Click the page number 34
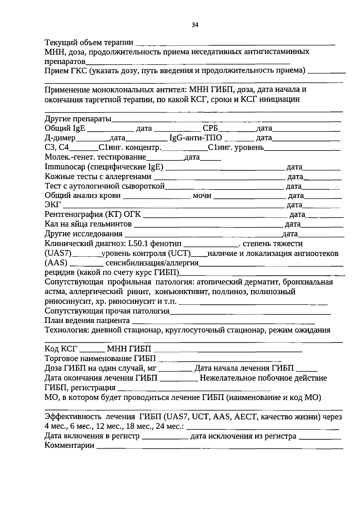tap(195, 25)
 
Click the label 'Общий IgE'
tap(65, 128)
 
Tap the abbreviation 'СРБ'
tap(210, 128)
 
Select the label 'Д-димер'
tap(60, 138)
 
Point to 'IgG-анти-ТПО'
tap(196, 138)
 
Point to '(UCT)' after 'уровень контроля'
tap(180, 253)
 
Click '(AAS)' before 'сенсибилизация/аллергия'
tap(56, 263)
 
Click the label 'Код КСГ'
tap(61, 349)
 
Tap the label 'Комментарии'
tap(69, 445)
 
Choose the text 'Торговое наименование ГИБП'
tap(100, 359)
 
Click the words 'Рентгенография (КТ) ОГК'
tap(93, 215)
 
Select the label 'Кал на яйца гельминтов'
tap(88, 224)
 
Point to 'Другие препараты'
tap(78, 119)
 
